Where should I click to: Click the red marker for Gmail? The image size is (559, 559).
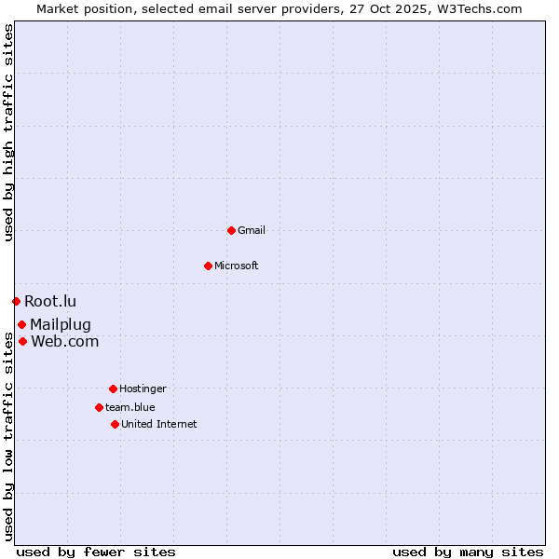click(231, 230)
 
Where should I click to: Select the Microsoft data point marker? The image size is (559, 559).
click(208, 266)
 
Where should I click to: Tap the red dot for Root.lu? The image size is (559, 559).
click(16, 301)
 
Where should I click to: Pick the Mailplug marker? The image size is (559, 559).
click(21, 324)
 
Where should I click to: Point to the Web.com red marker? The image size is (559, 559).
click(22, 341)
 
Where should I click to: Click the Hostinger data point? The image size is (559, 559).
click(113, 389)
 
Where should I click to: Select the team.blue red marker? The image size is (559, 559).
click(99, 407)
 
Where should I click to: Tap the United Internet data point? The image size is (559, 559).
click(115, 424)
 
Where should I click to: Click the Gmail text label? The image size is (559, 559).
click(252, 230)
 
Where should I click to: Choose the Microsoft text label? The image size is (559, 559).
click(237, 266)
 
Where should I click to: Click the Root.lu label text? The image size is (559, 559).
click(50, 301)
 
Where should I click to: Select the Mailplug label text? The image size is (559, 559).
click(61, 324)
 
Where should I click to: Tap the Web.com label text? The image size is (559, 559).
click(64, 341)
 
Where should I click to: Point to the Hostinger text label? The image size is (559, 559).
click(143, 389)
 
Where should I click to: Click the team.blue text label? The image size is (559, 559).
click(130, 407)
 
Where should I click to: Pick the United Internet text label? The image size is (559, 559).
click(159, 424)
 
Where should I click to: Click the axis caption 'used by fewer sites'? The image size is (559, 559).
click(96, 552)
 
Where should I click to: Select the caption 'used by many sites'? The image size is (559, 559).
click(468, 552)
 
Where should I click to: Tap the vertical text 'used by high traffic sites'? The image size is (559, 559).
click(8, 133)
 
